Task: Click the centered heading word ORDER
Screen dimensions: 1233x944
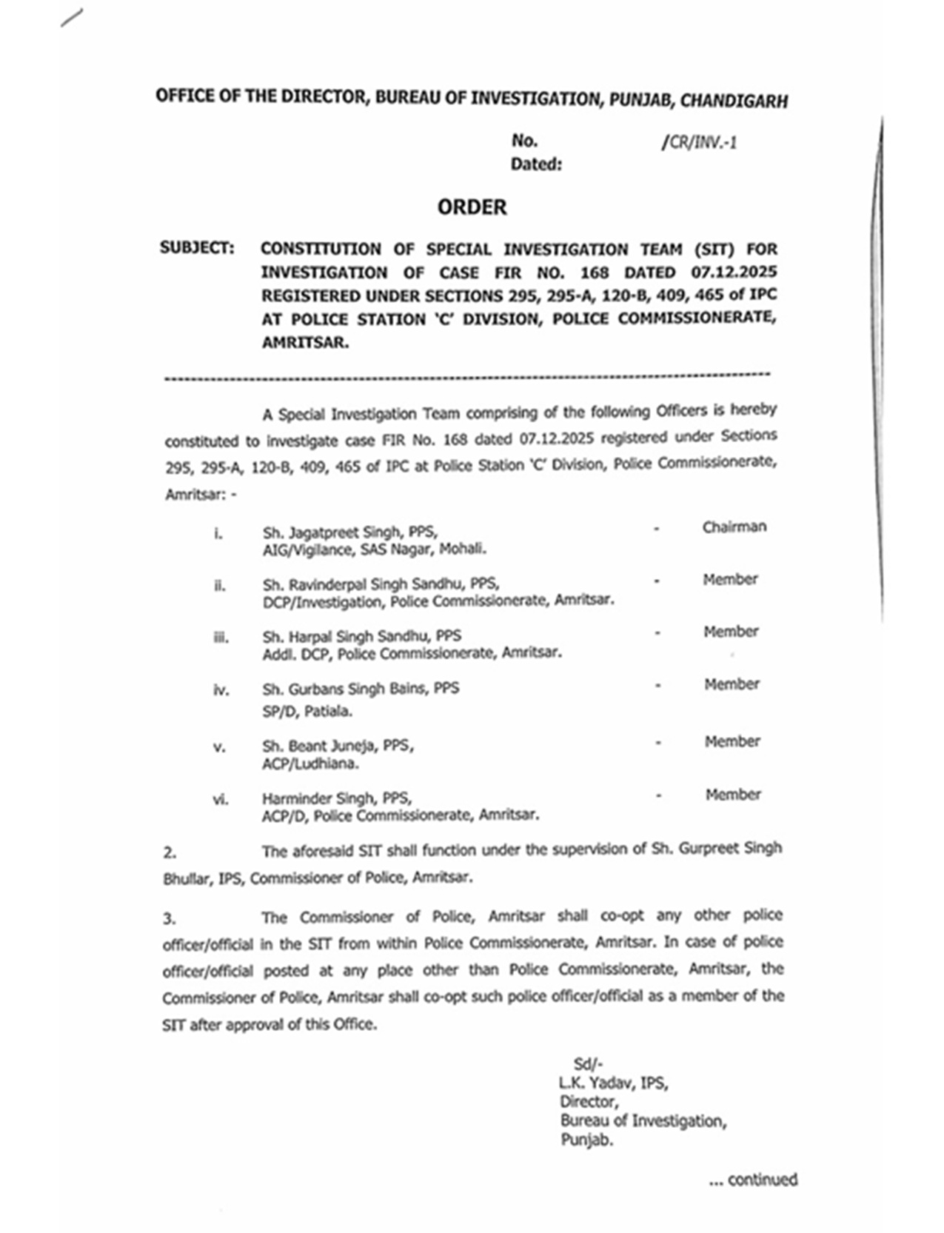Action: pos(472,207)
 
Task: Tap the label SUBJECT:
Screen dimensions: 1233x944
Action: pos(197,248)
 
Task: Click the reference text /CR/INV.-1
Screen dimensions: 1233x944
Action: pos(699,142)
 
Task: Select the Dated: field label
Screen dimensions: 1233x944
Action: pos(536,164)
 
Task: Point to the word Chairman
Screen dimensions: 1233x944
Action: pos(734,527)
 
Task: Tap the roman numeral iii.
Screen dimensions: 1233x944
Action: pos(221,638)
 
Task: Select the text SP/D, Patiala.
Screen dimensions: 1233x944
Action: pos(307,712)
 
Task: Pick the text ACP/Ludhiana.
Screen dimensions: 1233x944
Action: pos(310,763)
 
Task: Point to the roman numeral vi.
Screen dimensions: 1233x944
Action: pos(221,800)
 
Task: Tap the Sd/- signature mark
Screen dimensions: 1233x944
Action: pos(588,1064)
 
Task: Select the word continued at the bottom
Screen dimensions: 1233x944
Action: pos(762,1180)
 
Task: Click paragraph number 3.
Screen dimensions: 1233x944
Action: pos(170,919)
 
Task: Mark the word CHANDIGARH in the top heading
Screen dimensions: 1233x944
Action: pos(734,101)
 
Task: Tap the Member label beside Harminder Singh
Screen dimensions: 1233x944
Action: pos(733,795)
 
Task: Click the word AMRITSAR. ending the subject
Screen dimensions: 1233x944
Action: pos(304,343)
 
